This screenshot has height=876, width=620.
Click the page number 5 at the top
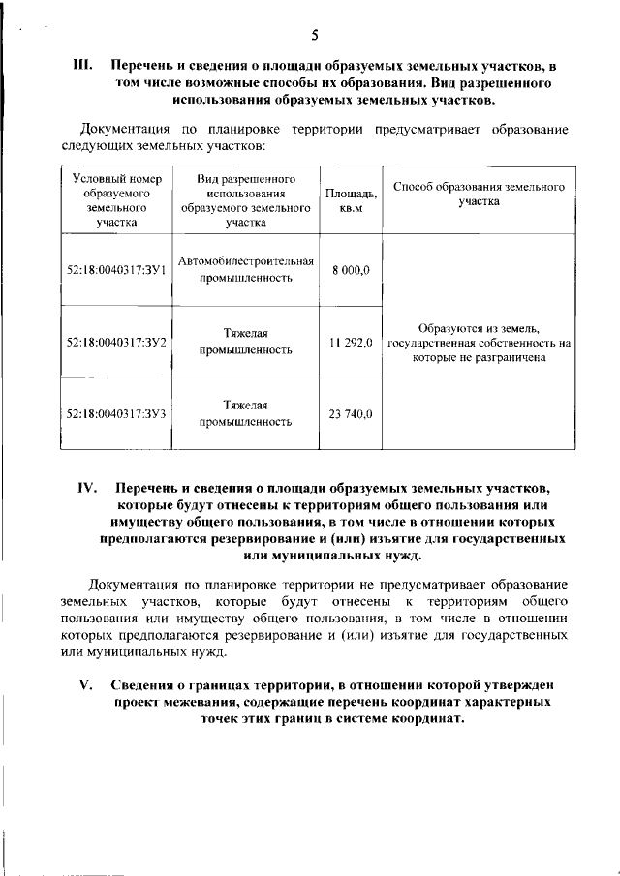tap(315, 36)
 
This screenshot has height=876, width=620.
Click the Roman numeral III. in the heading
tap(82, 67)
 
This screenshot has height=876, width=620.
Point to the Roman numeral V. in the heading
tap(84, 684)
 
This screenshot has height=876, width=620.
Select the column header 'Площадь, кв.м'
tap(351, 200)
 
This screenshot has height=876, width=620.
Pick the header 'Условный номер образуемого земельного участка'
tap(116, 200)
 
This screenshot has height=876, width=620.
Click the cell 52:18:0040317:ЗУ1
tap(116, 270)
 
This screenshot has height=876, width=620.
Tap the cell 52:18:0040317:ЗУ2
tap(116, 342)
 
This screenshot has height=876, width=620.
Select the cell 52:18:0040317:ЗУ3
tap(116, 414)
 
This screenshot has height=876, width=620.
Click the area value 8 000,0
tap(351, 270)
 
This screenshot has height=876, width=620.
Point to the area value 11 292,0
tap(351, 342)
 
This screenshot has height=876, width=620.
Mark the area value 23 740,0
tap(351, 414)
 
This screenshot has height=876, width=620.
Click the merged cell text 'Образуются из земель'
tap(480, 328)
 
